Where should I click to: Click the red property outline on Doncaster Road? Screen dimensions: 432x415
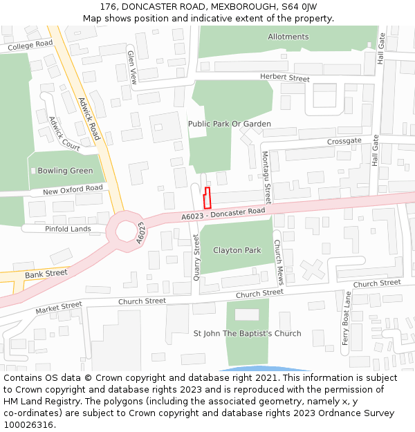tap(207, 198)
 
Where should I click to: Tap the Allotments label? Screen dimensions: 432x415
tap(288, 37)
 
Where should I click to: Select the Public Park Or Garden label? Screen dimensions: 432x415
tap(229, 124)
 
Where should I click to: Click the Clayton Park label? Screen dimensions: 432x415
tap(237, 250)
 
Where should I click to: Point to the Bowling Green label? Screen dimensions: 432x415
tap(65, 171)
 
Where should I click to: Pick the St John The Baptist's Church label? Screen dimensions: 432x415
tap(247, 333)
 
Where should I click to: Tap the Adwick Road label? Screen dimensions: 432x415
tap(89, 118)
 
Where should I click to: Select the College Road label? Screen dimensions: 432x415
tap(30, 45)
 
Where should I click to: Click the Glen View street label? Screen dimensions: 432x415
tap(132, 68)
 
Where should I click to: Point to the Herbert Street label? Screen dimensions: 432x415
tap(285, 78)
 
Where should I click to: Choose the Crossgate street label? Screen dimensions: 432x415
tap(344, 140)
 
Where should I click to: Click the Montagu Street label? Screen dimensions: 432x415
tap(266, 176)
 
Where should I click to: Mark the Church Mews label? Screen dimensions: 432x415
tap(278, 263)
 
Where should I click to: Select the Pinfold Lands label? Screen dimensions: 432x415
tap(68, 229)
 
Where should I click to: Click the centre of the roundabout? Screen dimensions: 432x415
tap(127, 231)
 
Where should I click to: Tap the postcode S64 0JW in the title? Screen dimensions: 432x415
tap(299, 6)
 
